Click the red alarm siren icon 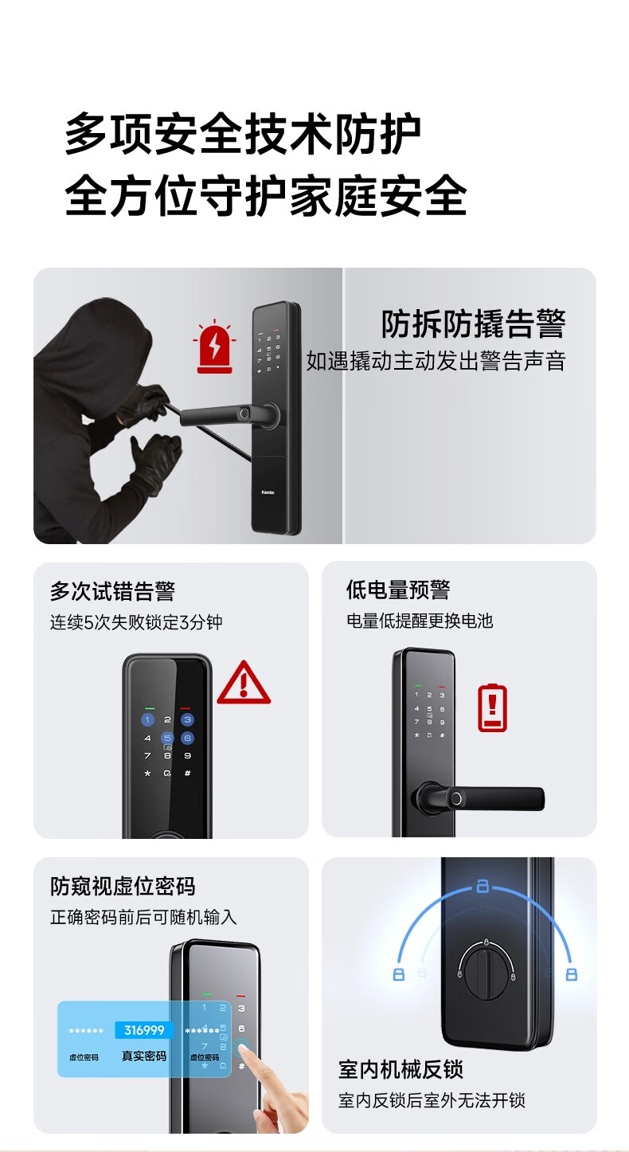[215, 347]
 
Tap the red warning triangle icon [244, 683]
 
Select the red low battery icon [492, 707]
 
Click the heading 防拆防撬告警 [473, 323]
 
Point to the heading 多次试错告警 [112, 591]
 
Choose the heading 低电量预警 [398, 590]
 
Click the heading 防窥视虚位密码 [123, 886]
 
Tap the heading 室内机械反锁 [400, 1069]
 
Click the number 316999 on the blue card [144, 1030]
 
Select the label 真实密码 [144, 1056]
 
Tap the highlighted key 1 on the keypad [147, 719]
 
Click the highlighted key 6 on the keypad [188, 738]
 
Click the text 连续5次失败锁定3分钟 [136, 622]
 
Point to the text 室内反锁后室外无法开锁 [432, 1100]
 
